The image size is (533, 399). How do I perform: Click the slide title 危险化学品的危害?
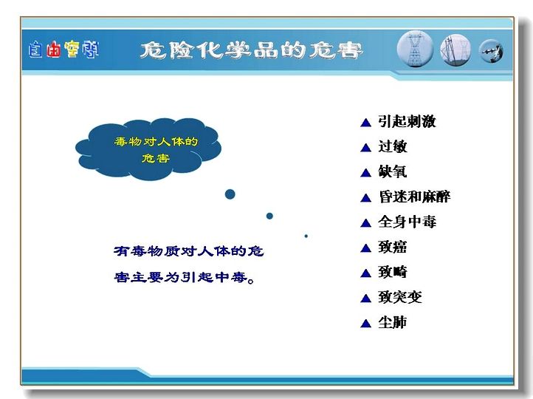click(251, 51)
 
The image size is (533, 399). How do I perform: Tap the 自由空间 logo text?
click(64, 50)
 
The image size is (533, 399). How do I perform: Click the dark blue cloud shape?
click(148, 149)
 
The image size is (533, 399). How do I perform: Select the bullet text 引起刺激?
click(407, 121)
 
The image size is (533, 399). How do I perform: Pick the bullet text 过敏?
click(393, 146)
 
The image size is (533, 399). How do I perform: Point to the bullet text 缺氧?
click(393, 171)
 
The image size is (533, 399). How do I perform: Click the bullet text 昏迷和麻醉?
click(414, 197)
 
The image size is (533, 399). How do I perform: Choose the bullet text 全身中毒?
click(407, 222)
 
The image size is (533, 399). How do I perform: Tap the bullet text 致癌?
click(393, 247)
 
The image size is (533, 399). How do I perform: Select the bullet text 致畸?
click(393, 272)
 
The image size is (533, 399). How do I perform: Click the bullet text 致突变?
click(400, 297)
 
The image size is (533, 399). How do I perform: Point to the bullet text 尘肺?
click(393, 322)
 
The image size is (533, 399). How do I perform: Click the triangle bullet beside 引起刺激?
click(365, 123)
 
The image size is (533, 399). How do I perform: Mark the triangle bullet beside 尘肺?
click(365, 324)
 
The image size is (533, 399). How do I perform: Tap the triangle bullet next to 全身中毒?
click(365, 223)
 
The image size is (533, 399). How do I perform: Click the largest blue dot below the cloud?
click(230, 194)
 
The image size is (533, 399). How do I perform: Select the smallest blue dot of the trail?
click(306, 236)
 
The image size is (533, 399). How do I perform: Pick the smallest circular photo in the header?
click(491, 52)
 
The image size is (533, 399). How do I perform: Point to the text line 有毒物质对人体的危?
click(189, 251)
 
